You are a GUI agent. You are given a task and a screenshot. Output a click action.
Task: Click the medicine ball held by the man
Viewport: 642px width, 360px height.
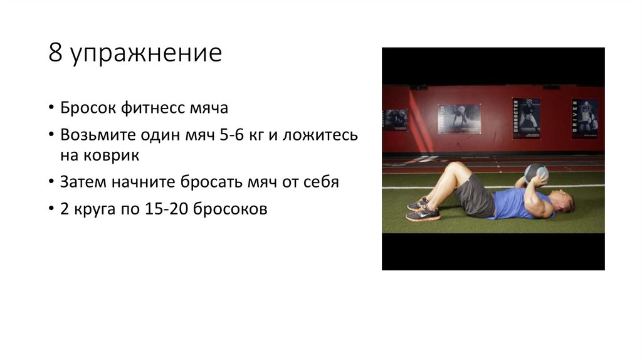[535, 172]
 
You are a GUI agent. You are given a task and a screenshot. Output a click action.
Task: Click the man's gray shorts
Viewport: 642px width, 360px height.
[475, 196]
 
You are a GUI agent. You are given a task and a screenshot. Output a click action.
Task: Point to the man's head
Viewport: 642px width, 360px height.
[563, 203]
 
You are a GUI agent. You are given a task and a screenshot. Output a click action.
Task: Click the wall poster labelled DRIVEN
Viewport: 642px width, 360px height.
[584, 118]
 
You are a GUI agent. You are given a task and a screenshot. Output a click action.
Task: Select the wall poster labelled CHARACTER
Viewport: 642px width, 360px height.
[525, 118]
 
